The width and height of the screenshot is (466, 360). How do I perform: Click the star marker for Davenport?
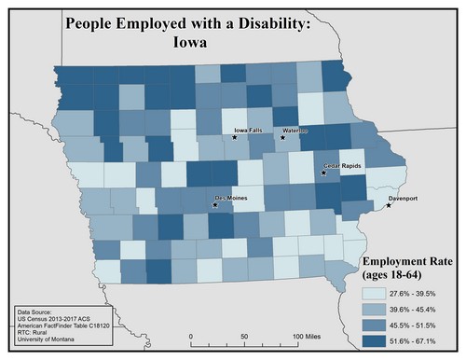pyautogui.click(x=389, y=205)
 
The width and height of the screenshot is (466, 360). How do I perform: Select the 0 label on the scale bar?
pyautogui.click(x=191, y=335)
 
